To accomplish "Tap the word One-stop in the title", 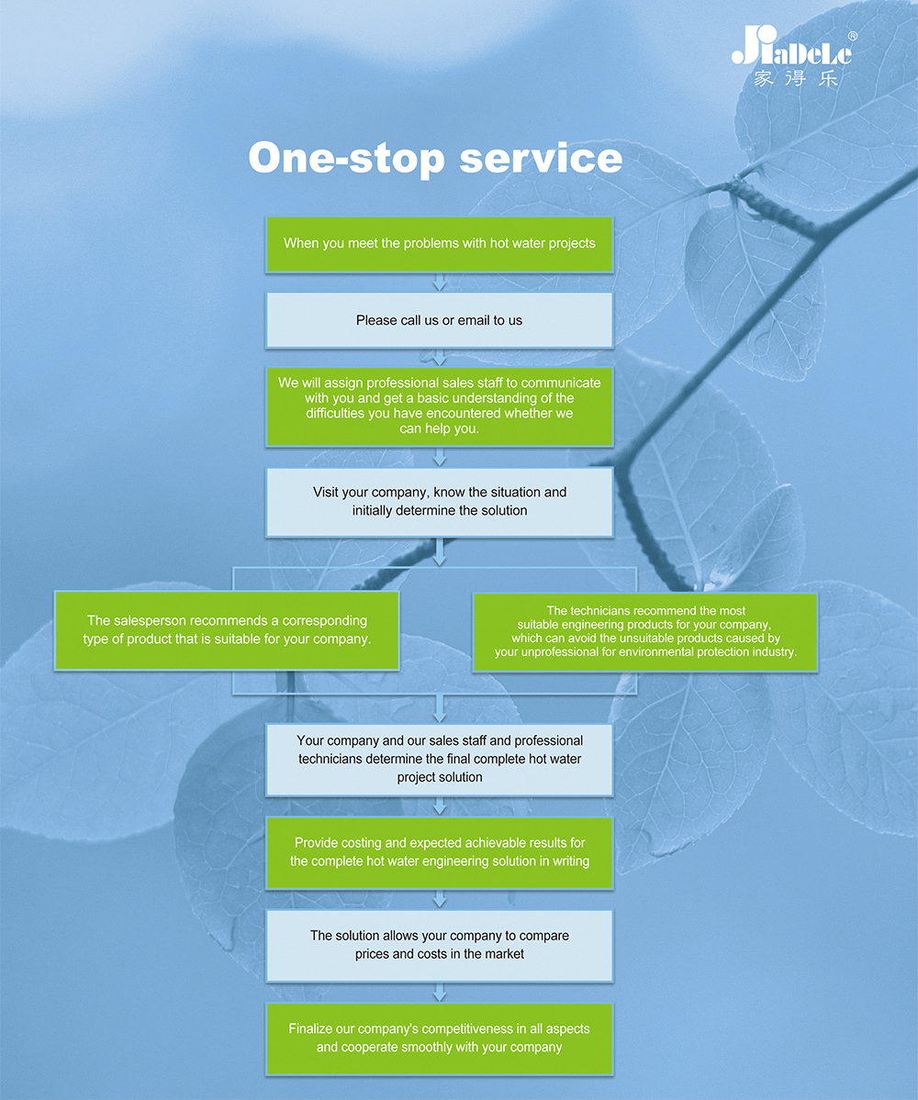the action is (x=347, y=158).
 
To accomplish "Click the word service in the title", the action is (x=541, y=159).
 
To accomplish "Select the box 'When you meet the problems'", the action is (x=440, y=244).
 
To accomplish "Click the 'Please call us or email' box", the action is (x=440, y=320).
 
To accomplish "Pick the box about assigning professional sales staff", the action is (x=440, y=406).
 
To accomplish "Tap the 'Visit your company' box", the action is (x=440, y=503).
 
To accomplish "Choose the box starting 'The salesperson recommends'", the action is (x=227, y=630).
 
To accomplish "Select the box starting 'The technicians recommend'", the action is (x=645, y=632).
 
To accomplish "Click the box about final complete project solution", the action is (x=440, y=760).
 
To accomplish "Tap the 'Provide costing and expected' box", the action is (x=440, y=852).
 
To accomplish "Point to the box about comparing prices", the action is (x=440, y=946).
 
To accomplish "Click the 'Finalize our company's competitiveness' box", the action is (x=440, y=1039).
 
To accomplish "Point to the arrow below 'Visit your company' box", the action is (x=440, y=551).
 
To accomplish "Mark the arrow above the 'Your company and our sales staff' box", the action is (x=440, y=708).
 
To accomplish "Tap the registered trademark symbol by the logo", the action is (x=853, y=36).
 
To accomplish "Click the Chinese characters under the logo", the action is (x=796, y=79).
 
